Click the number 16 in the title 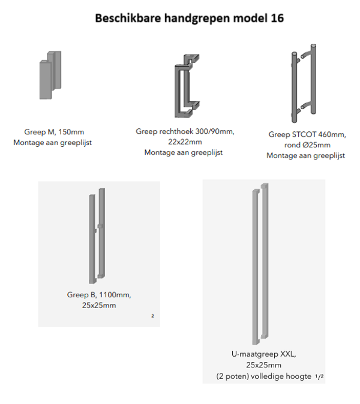point(277,19)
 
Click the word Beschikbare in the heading point(128,19)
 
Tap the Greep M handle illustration point(50,75)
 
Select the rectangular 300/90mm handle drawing point(187,86)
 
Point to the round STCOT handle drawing point(304,83)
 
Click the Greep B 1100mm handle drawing point(97,236)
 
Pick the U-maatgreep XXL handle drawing point(260,264)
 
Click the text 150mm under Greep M point(71,132)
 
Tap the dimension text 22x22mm point(185,141)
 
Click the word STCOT point(304,134)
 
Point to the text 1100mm point(115,295)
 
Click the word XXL point(288,354)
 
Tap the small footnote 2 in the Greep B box point(152,316)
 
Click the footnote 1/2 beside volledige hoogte point(319,376)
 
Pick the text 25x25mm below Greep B point(99,305)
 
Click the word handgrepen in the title point(197,19)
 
